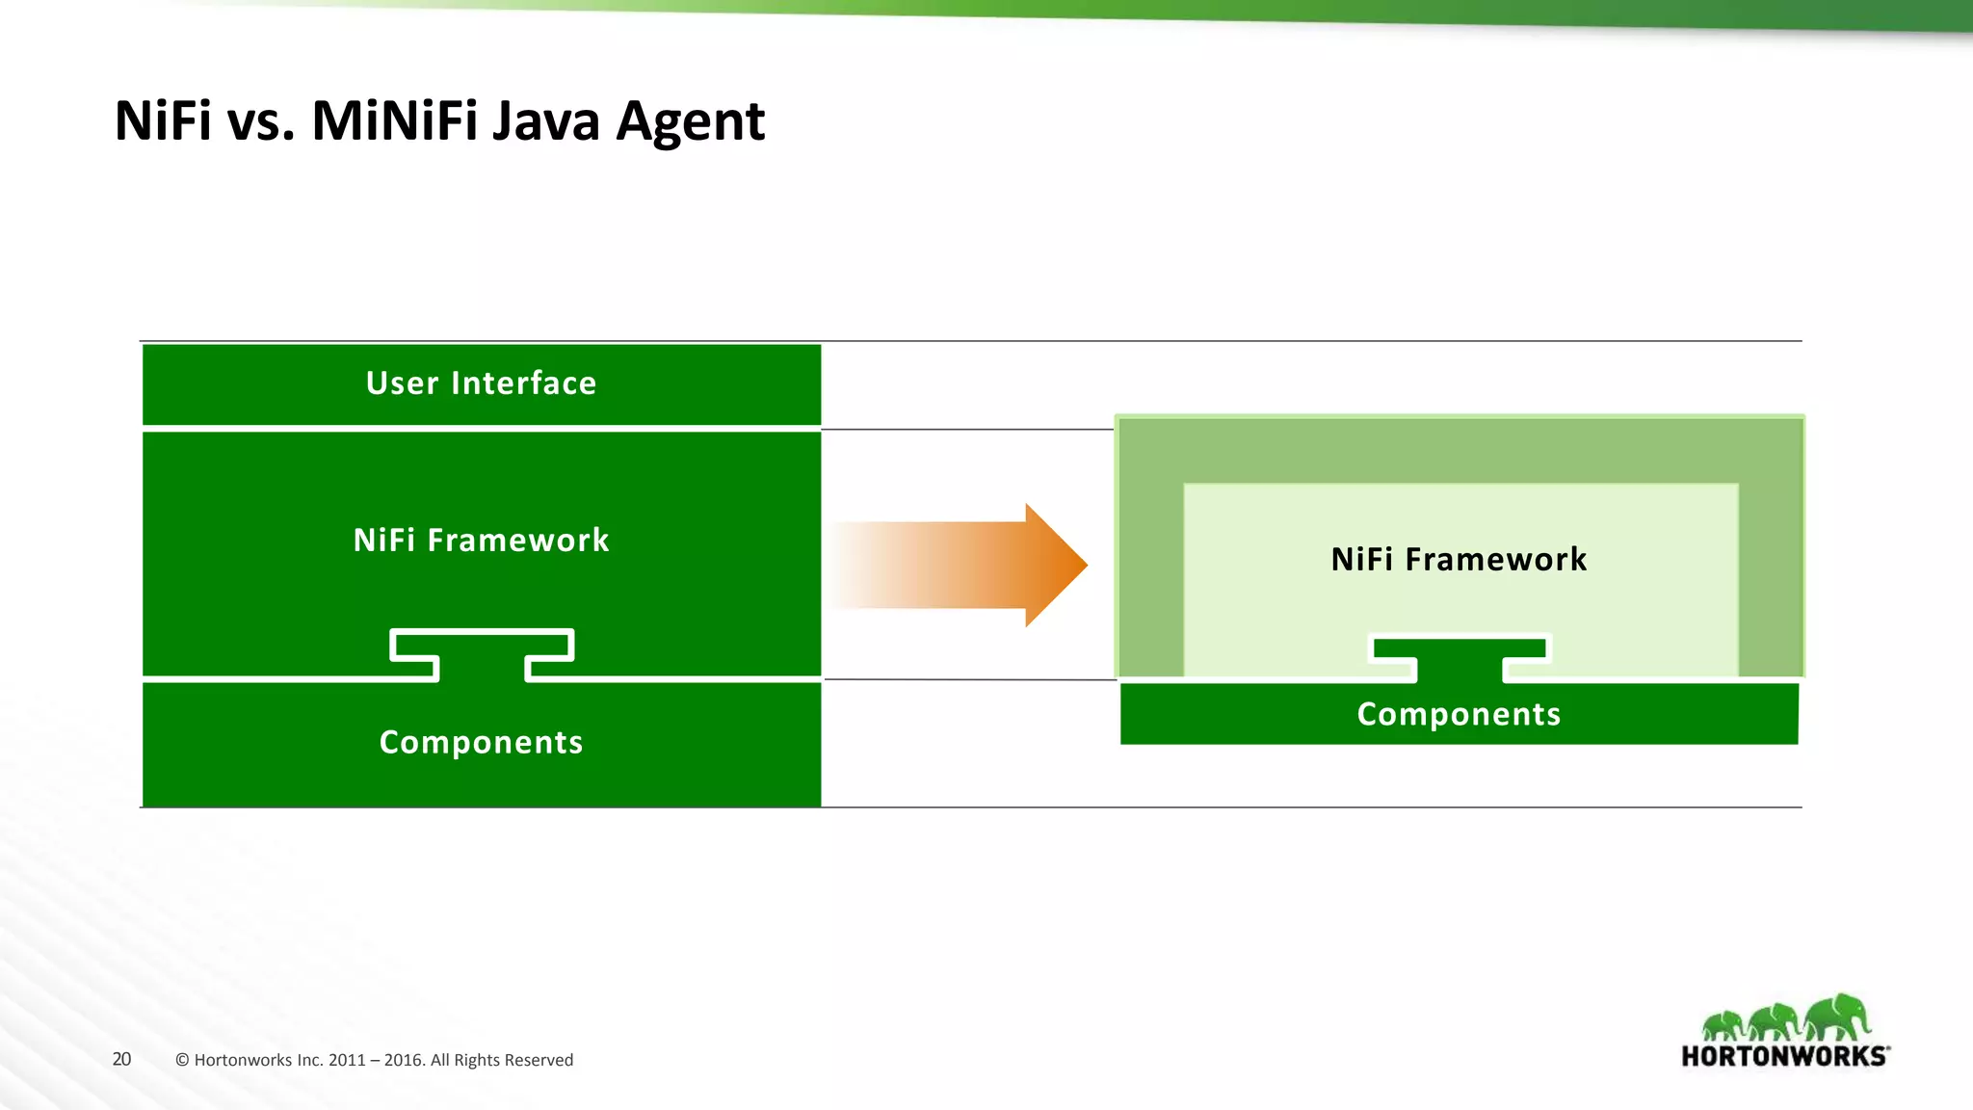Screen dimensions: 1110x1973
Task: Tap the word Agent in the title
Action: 690,122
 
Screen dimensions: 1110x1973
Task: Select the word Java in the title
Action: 545,122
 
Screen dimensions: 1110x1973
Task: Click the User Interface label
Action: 481,383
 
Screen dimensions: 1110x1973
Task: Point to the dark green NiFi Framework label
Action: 481,541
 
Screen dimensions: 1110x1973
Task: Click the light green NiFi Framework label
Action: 1459,560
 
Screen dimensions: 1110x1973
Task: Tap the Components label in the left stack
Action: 481,743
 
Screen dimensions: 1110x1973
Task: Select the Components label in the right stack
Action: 1459,715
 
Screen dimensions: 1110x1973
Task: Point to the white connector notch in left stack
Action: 482,656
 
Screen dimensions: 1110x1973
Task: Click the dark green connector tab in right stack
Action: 1460,660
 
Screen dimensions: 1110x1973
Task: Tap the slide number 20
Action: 121,1060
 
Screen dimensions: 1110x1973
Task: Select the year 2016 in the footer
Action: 403,1061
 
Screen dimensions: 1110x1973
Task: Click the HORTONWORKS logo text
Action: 1783,1056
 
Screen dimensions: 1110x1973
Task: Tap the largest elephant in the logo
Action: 1838,1017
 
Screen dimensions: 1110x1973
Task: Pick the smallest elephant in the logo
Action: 1722,1025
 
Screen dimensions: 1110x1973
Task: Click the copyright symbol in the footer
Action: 182,1061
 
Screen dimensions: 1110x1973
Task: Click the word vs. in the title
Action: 260,122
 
